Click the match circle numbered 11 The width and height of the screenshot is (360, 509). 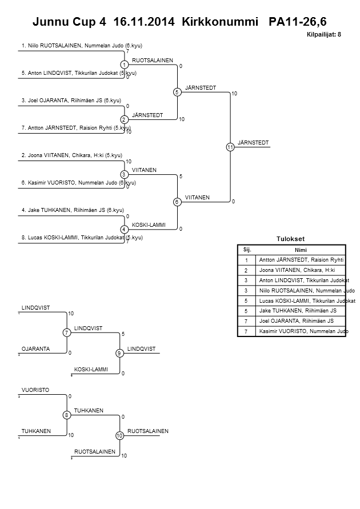pyautogui.click(x=230, y=147)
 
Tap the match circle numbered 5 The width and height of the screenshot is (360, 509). pyautogui.click(x=177, y=92)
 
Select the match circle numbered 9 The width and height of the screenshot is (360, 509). pyautogui.click(x=119, y=353)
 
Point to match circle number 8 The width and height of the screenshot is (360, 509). pyautogui.click(x=67, y=415)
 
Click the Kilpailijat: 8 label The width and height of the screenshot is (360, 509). pyautogui.click(x=324, y=35)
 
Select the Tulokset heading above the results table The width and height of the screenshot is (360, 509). pyautogui.click(x=291, y=238)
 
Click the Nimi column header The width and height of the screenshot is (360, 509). pyautogui.click(x=301, y=250)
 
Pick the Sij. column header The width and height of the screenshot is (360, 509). pyautogui.click(x=247, y=250)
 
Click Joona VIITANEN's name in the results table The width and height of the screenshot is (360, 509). pyautogui.click(x=297, y=270)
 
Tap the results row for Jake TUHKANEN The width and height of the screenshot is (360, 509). pyautogui.click(x=297, y=310)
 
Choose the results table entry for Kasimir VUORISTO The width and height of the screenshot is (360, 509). pyautogui.click(x=301, y=331)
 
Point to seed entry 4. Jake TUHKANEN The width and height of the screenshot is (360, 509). pyautogui.click(x=73, y=210)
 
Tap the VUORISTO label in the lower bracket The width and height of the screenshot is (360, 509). pyautogui.click(x=35, y=390)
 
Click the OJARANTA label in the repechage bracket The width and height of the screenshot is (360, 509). pyautogui.click(x=36, y=348)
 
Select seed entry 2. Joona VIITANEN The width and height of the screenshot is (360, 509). pyautogui.click(x=72, y=155)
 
